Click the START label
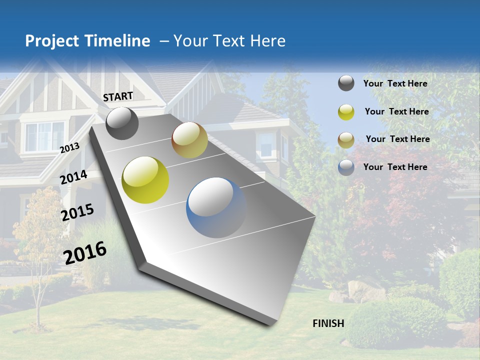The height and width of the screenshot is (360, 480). tap(118, 96)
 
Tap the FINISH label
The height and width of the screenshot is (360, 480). tap(328, 323)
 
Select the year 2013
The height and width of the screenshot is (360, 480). tap(69, 147)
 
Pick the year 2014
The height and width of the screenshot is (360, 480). tap(73, 177)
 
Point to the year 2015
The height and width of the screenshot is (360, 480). tap(77, 212)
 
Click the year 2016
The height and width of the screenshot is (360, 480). tap(85, 253)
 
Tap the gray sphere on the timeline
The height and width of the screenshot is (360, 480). tap(122, 123)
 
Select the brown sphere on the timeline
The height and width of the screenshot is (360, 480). tap(189, 140)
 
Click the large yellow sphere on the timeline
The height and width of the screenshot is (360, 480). tap(145, 180)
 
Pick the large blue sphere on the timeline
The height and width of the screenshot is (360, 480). tap(216, 207)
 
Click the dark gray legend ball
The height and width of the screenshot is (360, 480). tap(346, 83)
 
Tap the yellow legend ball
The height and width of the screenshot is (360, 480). tap(346, 112)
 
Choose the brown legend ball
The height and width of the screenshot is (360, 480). tap(346, 139)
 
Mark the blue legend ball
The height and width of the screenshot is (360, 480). tap(346, 167)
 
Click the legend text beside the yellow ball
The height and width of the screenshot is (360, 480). tap(396, 111)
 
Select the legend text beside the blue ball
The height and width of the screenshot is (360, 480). tap(395, 167)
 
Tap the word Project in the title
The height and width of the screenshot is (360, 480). tap(51, 41)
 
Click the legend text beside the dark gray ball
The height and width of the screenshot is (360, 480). tap(395, 83)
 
